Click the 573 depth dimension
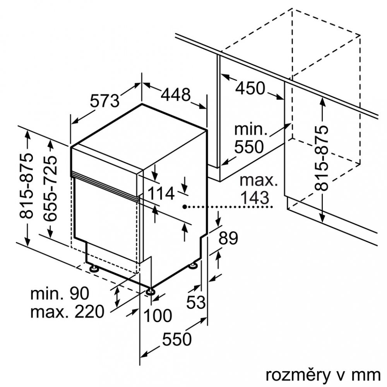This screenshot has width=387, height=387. coord(104,101)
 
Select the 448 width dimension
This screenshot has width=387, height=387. coord(176,94)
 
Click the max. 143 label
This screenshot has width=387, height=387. coord(254,189)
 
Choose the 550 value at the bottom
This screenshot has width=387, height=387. coord(177,339)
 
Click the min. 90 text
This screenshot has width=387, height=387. coord(60,293)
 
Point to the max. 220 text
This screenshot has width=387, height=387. coord(68,311)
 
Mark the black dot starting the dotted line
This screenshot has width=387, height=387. coord(186,207)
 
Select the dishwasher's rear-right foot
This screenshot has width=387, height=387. coord(193,265)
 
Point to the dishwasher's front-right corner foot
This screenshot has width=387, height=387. coord(151,291)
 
